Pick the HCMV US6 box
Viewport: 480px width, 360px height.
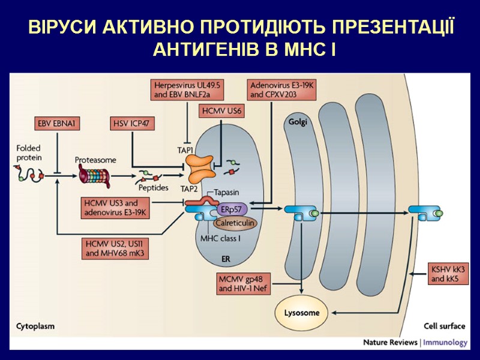click(222, 111)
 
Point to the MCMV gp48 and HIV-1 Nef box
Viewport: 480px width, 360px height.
click(244, 283)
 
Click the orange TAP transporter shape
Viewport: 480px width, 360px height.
click(199, 169)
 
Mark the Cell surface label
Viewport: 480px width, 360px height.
click(444, 326)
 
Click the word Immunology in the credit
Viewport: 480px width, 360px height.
click(445, 343)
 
